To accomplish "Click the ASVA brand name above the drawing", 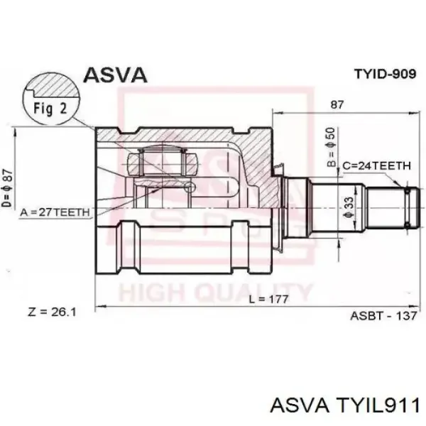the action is pyautogui.click(x=115, y=75).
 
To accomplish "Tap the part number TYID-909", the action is pyautogui.click(x=386, y=73).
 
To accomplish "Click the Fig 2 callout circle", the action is pyautogui.click(x=51, y=99).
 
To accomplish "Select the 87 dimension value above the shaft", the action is pyautogui.click(x=337, y=104).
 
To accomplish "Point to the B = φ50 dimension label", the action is pyautogui.click(x=331, y=148).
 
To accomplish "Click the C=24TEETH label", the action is pyautogui.click(x=376, y=165).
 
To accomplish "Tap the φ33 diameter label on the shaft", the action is pyautogui.click(x=349, y=207).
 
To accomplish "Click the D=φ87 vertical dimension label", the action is pyautogui.click(x=7, y=188).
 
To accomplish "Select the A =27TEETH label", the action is pyautogui.click(x=55, y=212).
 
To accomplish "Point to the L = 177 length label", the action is pyautogui.click(x=268, y=300).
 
